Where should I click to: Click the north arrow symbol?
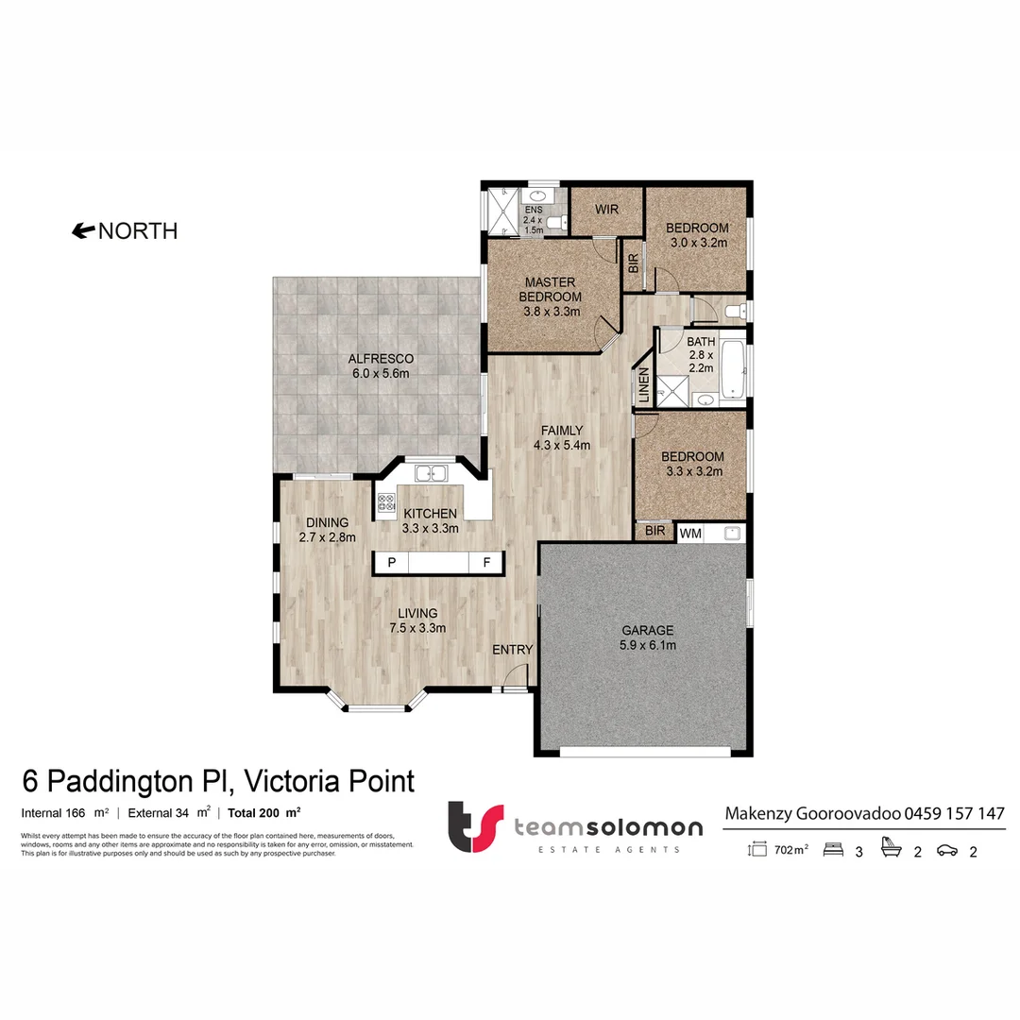[x=83, y=230]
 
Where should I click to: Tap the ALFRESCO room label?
[x=381, y=359]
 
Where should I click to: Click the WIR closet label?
[x=605, y=209]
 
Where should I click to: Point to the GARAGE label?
[x=647, y=630]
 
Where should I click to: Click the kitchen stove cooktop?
[x=385, y=502]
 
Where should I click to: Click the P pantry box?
[x=391, y=563]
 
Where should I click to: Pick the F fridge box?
[x=487, y=563]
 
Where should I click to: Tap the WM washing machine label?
[x=689, y=534]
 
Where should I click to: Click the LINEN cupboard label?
[x=644, y=385]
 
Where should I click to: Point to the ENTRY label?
[x=512, y=650]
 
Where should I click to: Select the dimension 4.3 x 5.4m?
[x=561, y=446]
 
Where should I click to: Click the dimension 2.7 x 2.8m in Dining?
[x=327, y=537]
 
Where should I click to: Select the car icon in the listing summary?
[x=946, y=851]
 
